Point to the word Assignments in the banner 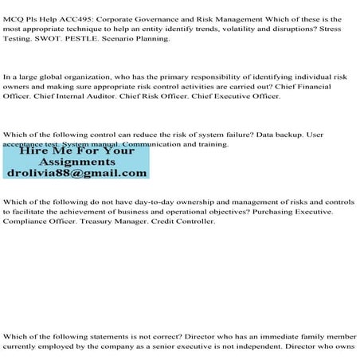tap(76, 160)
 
